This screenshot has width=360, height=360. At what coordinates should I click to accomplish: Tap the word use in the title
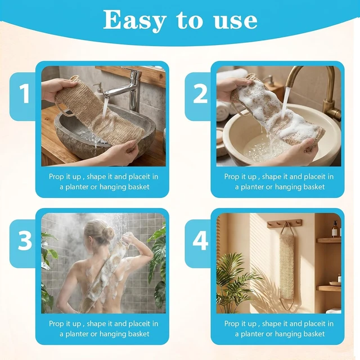235,22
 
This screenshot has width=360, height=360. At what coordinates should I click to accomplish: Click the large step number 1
24,93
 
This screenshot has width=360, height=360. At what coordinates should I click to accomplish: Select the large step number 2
200,93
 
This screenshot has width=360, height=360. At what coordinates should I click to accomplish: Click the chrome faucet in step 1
129,88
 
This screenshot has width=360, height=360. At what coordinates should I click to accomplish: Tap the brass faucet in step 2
319,92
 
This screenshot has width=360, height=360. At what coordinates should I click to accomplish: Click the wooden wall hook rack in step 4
284,223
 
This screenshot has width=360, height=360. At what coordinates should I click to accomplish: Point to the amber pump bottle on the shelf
335,229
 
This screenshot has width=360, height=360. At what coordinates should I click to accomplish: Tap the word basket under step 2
313,187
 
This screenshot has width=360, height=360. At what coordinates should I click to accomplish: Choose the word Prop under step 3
55,324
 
